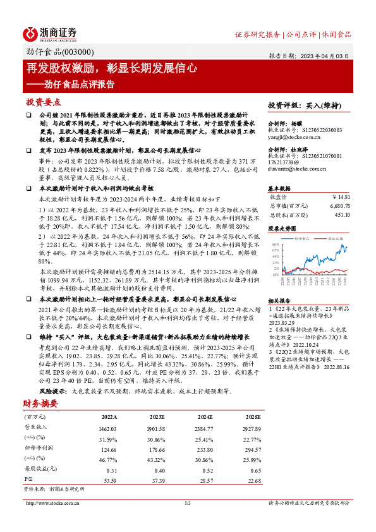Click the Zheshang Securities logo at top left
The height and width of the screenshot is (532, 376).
coord(50,33)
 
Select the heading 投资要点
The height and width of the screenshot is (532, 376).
coord(43,102)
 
